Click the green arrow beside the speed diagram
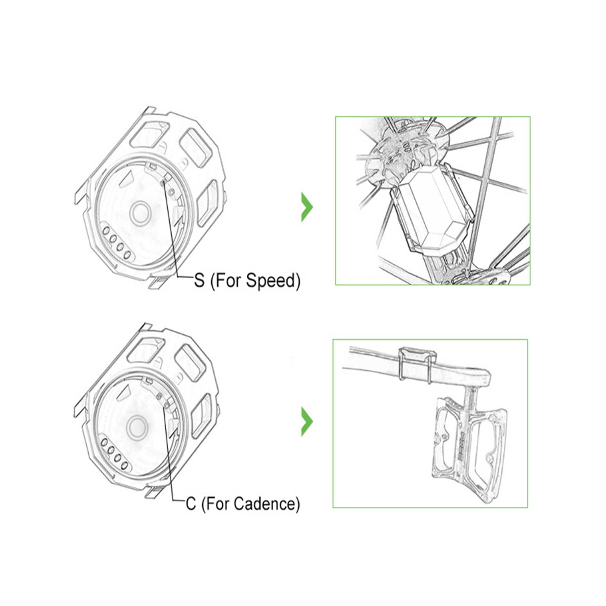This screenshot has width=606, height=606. point(307,207)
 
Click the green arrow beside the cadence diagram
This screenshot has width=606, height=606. point(307,422)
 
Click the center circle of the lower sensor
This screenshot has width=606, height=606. point(137,427)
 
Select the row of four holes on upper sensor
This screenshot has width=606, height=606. point(116,242)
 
